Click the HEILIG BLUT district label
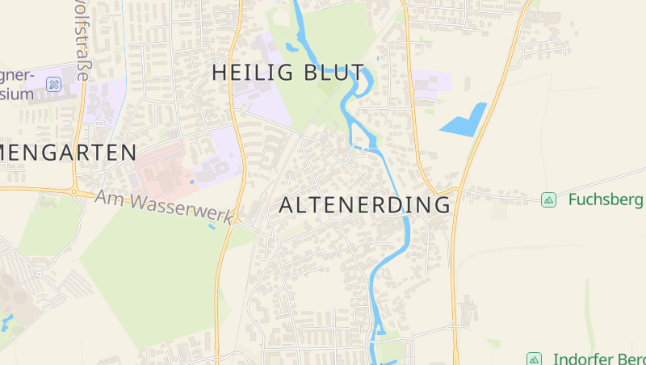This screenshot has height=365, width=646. pos(287,72)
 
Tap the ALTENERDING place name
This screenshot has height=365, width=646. pos(364,205)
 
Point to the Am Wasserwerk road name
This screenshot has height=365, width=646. pos(163,208)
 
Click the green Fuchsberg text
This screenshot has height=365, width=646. pos(605,199)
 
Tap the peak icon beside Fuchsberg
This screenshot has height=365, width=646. pos(548,199)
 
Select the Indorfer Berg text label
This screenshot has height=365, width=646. pos(598,359)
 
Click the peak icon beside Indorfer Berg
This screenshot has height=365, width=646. pos(533,359)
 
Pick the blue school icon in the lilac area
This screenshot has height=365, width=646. pos(53,84)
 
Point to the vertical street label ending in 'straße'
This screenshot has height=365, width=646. pos(80,40)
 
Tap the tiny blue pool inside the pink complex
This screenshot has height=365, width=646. pos(191,182)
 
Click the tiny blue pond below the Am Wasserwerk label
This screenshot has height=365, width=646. pos(212,227)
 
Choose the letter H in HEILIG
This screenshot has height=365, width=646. pos(219,72)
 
